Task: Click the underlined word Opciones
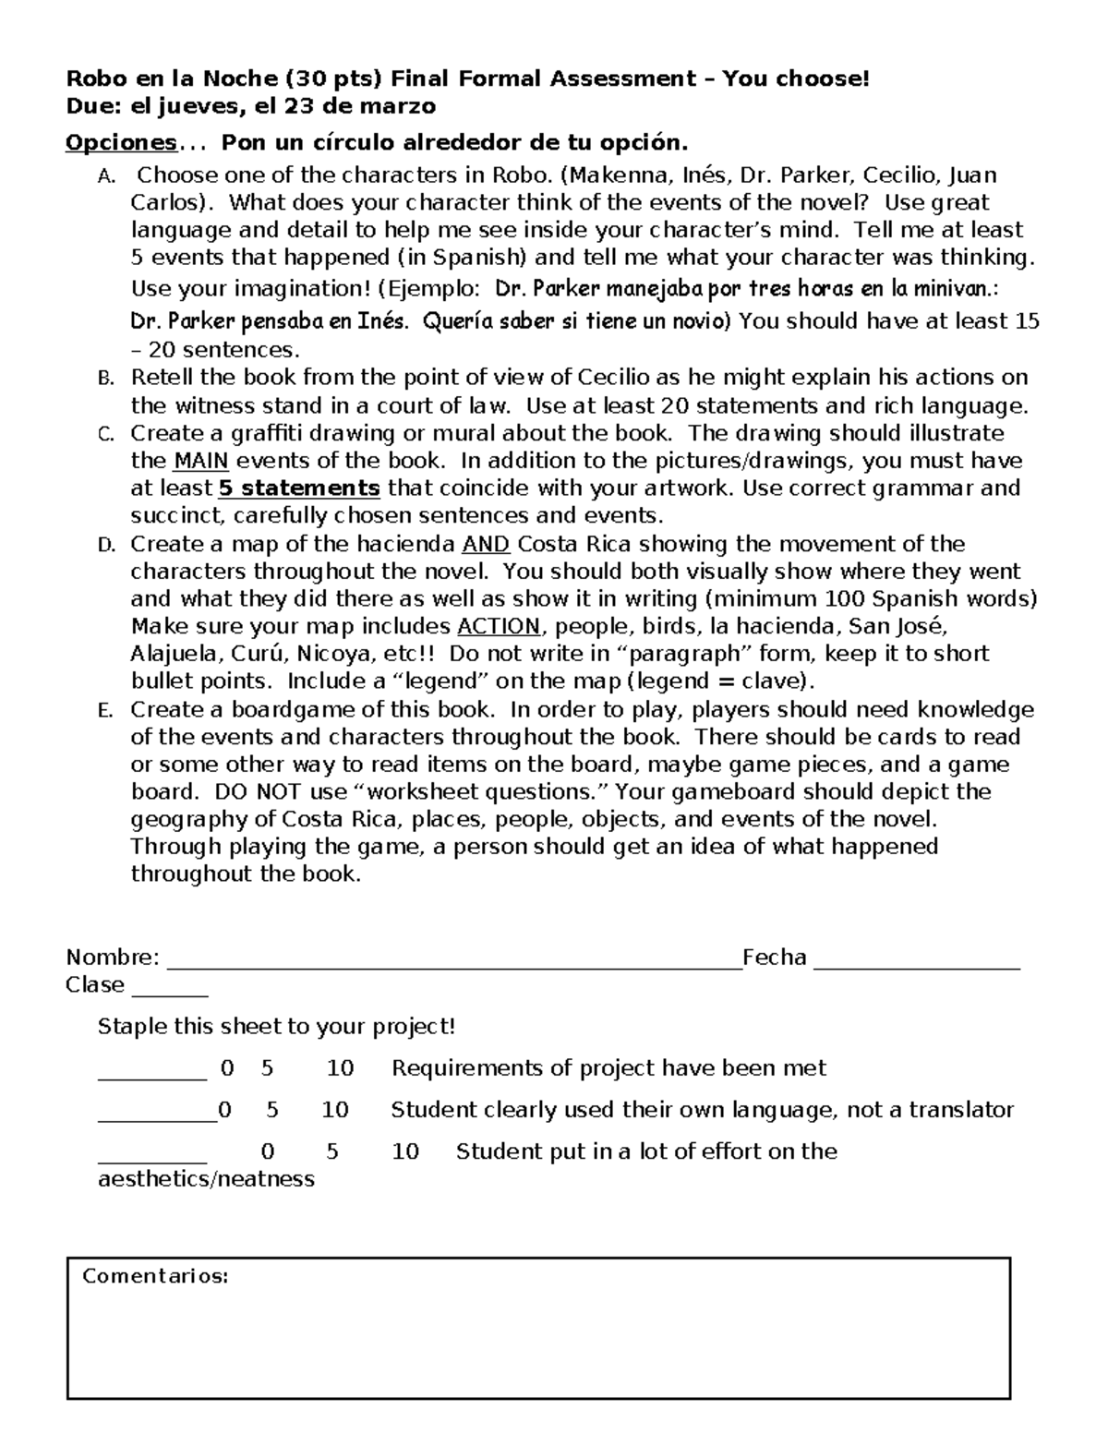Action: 121,143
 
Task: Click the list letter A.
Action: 104,176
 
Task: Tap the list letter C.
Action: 104,435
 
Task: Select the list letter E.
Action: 104,711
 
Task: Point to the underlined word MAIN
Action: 200,461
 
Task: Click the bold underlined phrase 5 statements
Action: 299,488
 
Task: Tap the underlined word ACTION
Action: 499,627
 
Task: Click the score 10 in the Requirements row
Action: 340,1068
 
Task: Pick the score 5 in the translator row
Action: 272,1110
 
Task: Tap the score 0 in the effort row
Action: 268,1151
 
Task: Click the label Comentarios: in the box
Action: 155,1277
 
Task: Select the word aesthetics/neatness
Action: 206,1179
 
